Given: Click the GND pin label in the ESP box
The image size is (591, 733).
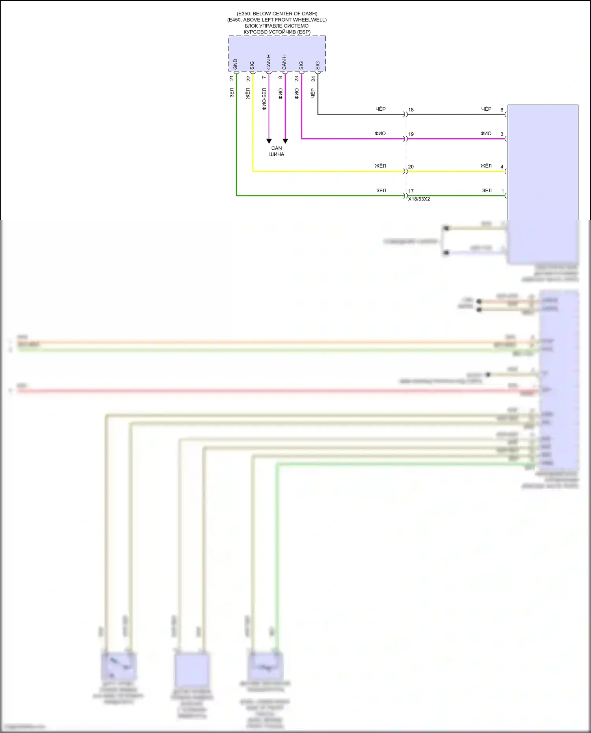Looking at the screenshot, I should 235,65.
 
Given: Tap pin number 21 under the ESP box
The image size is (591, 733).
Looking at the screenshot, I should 232,78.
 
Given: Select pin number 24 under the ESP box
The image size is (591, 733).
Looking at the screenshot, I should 313,79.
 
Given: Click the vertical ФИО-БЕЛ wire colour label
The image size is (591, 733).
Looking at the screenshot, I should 264,99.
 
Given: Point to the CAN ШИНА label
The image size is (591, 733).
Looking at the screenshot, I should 277,151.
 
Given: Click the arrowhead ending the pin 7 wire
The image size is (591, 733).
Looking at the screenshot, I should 269,141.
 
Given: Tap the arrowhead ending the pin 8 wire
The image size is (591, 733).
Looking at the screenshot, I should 285,141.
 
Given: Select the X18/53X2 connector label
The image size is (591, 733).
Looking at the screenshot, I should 419,199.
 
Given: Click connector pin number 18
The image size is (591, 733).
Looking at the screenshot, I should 411,110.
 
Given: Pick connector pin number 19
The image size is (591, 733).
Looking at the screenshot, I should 411,134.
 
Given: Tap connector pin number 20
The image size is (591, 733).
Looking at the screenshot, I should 411,167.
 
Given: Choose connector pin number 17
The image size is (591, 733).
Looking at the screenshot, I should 411,191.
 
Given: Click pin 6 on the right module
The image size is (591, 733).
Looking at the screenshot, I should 502,110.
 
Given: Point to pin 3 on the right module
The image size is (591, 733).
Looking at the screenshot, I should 502,134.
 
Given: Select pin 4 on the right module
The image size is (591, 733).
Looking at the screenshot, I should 502,167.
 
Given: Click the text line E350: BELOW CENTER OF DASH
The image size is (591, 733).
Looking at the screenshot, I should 277,14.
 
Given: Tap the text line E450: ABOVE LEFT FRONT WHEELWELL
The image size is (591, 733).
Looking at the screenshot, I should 277,20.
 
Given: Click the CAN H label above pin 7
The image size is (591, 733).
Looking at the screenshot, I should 268,62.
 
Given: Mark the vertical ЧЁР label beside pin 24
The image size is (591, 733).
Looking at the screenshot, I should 313,93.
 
